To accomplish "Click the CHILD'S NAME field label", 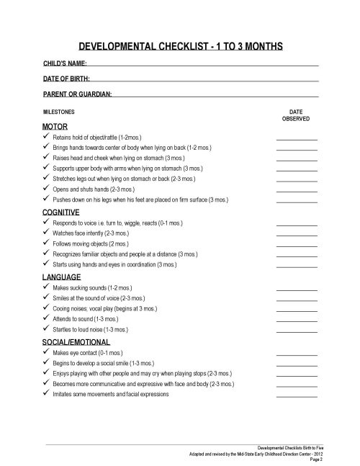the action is [x=66, y=64].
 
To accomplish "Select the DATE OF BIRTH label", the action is [x=66, y=79].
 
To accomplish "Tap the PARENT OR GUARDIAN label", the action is [x=78, y=94].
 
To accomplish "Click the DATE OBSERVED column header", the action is [x=296, y=117].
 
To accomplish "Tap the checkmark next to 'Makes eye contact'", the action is [x=47, y=354].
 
